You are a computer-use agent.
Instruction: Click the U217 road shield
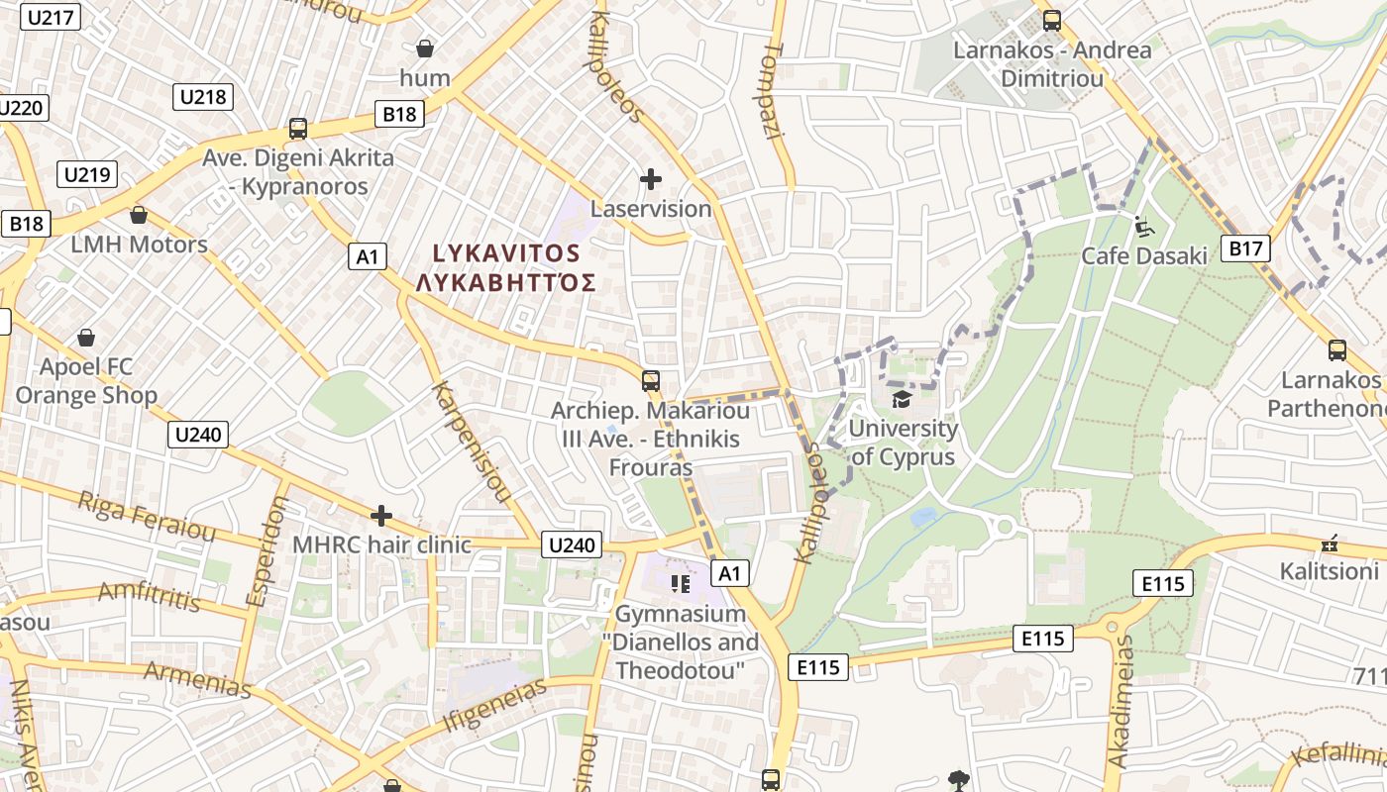tap(51, 18)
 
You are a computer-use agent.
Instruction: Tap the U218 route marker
tap(203, 97)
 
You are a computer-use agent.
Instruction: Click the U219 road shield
tap(88, 175)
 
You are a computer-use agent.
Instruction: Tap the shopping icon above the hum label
tap(425, 49)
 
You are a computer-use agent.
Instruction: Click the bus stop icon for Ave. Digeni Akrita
tap(297, 129)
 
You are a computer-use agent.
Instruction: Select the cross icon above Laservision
tap(651, 179)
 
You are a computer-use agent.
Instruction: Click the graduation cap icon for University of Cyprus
tap(902, 399)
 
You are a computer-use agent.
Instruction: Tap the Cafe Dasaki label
tap(1144, 256)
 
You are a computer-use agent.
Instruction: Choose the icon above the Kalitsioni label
tap(1330, 544)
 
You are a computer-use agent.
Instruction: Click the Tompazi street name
tap(772, 90)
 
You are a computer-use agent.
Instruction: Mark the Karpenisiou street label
tap(472, 441)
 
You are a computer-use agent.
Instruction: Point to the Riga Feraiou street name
tap(147, 517)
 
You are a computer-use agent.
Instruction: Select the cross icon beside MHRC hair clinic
tap(381, 516)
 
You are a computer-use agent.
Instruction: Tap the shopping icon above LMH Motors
tap(139, 215)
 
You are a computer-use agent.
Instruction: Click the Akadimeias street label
tap(1120, 702)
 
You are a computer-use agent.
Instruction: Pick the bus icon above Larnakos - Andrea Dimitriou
tap(1052, 20)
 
